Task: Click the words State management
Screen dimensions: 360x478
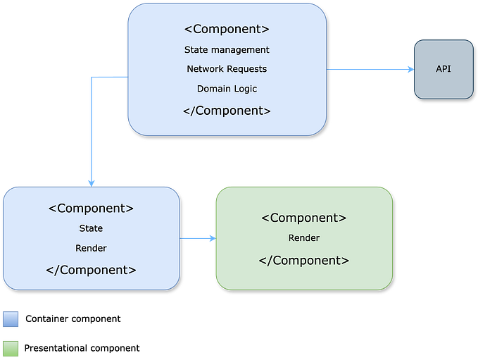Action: coord(227,50)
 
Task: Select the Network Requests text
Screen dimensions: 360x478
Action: coord(227,69)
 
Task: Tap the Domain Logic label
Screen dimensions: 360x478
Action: coord(227,89)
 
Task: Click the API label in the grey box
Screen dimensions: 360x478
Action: coord(444,69)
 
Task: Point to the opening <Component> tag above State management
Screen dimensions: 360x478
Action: coord(227,30)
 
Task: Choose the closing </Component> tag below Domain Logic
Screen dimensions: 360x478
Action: coord(227,111)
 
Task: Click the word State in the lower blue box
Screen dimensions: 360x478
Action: coord(91,228)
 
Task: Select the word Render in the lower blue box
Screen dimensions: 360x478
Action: coord(91,248)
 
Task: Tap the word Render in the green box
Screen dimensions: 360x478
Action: coord(304,238)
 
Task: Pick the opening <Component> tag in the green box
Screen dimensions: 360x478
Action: coord(304,218)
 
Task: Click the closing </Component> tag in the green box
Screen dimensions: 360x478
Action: coord(304,260)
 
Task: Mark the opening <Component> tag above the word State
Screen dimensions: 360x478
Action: coord(91,209)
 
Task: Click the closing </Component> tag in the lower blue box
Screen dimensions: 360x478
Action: coord(91,270)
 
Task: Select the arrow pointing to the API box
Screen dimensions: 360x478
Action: coord(371,69)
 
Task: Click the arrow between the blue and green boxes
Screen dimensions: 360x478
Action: coord(198,239)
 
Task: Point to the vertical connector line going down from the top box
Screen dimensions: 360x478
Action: coord(91,130)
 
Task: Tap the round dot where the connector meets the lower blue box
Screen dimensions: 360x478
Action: coord(91,182)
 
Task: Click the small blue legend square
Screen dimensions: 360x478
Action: coord(11,319)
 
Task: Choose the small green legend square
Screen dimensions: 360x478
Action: coord(11,348)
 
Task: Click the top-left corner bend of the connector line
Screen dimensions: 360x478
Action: coord(92,76)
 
